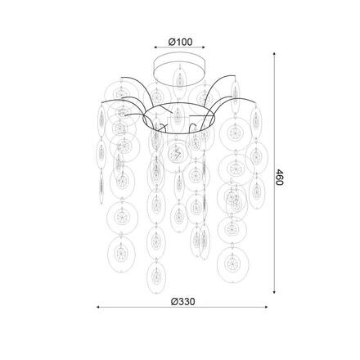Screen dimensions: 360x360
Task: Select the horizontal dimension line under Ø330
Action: tap(181, 308)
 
